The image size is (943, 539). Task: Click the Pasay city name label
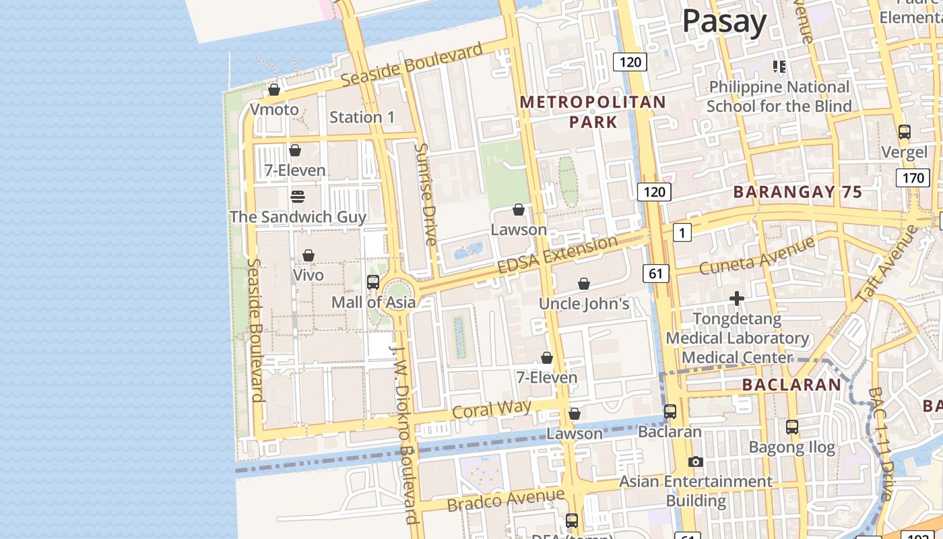coord(724,22)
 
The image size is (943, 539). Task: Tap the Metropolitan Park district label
coord(593,112)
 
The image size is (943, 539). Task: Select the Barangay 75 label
coord(798,192)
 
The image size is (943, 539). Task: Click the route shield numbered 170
coord(912,178)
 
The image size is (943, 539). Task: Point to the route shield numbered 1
coord(682,233)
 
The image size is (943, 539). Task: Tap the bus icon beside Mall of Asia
coord(373,282)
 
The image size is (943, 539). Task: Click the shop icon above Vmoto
coord(274,90)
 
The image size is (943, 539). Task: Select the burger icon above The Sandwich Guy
coord(297,197)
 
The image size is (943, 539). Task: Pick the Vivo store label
coord(308,275)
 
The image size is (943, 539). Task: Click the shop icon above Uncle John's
coord(584,284)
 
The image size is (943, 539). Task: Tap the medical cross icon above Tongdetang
coord(737,298)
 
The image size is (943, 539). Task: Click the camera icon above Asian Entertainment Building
coord(696,462)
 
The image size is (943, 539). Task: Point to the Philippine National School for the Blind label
coord(779,96)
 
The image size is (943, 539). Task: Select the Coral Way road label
coord(492,409)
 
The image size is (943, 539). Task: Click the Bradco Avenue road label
coord(505,500)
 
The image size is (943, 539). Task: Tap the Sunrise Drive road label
coord(426,194)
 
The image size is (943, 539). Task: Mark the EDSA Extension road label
coord(557,254)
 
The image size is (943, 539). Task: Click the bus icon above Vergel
coord(904,132)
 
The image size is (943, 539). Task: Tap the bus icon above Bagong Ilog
coord(792,426)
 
